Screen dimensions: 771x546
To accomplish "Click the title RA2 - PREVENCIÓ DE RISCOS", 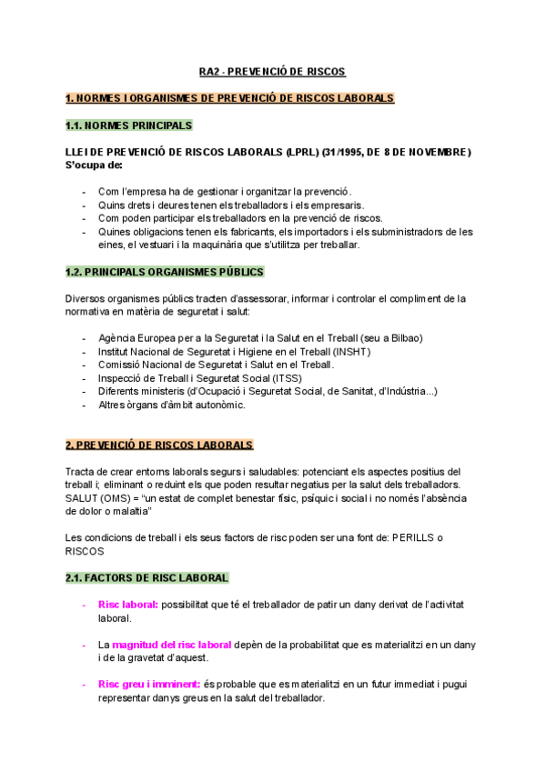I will coord(273,71).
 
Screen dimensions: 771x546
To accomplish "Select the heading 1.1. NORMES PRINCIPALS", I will coord(128,125).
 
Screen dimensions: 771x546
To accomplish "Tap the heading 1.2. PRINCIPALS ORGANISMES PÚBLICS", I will coord(164,272).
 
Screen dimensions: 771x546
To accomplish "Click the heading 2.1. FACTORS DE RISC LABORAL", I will coord(147,577).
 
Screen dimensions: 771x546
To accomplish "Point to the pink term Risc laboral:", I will coord(128,604).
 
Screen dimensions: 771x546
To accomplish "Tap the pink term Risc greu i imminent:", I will coord(149,684).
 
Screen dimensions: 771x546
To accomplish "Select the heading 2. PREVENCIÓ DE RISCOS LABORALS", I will coord(159,445).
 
